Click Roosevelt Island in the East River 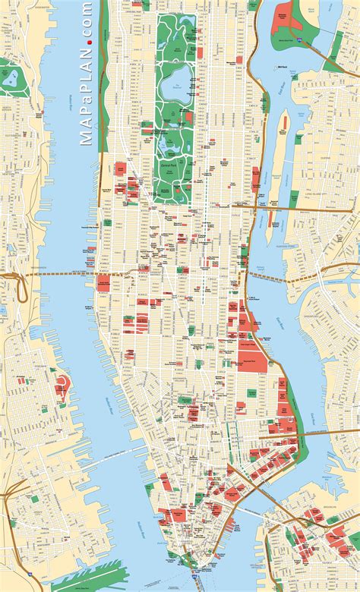[x=278, y=148]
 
